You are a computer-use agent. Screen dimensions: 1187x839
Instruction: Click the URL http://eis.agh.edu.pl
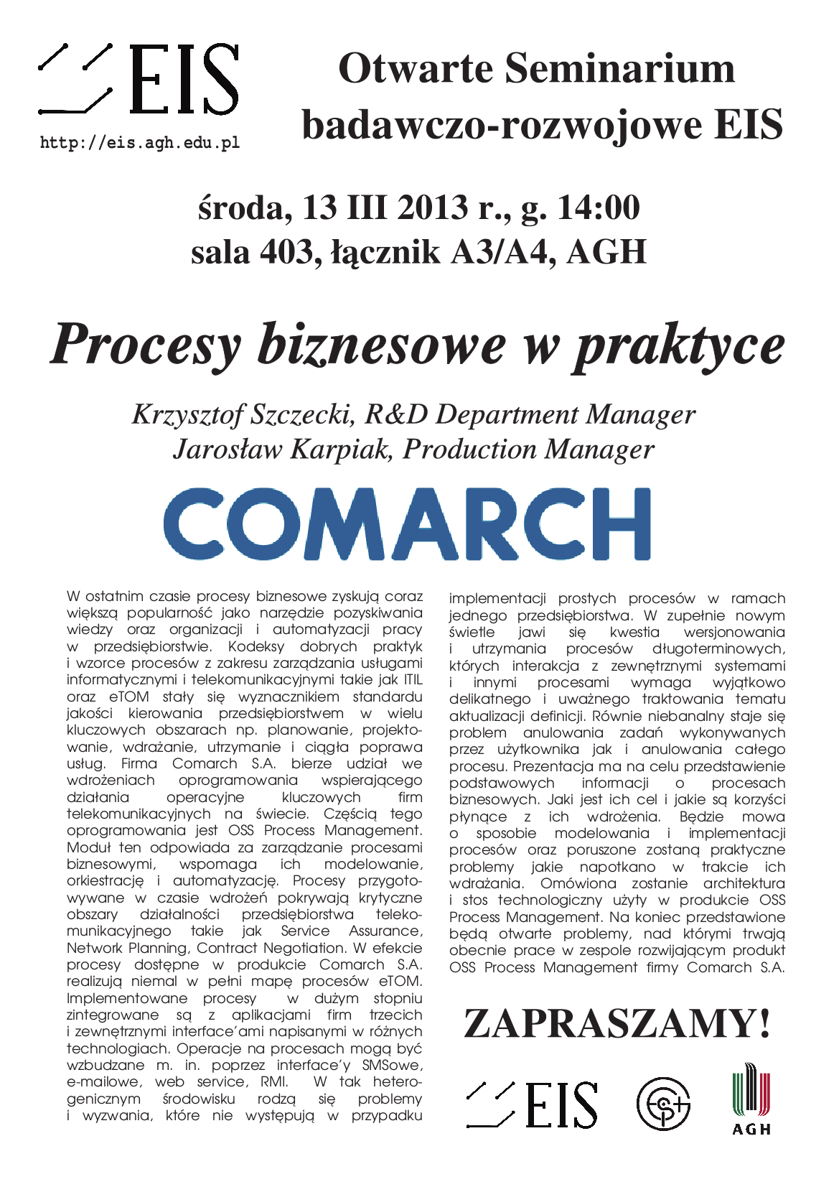[x=140, y=142]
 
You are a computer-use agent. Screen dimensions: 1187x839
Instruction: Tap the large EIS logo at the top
[x=139, y=79]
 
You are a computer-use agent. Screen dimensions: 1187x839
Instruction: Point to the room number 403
[x=286, y=252]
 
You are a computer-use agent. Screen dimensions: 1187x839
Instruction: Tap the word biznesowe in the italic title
[x=381, y=345]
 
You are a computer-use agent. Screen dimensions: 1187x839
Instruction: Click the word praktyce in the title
[x=678, y=347]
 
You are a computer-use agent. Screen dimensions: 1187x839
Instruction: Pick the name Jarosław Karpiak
[x=282, y=449]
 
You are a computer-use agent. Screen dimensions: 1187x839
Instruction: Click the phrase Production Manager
[x=528, y=449]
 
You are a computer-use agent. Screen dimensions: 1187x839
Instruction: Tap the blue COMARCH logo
[x=407, y=523]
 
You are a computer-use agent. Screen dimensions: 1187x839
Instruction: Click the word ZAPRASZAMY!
[x=617, y=1023]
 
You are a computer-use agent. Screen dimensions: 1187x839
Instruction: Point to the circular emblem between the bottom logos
[x=663, y=1102]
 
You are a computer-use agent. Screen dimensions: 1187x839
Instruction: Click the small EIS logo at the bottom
[x=532, y=1104]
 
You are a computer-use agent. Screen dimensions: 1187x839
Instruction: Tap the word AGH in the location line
[x=606, y=252]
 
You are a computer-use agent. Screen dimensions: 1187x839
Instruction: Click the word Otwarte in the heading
[x=416, y=69]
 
